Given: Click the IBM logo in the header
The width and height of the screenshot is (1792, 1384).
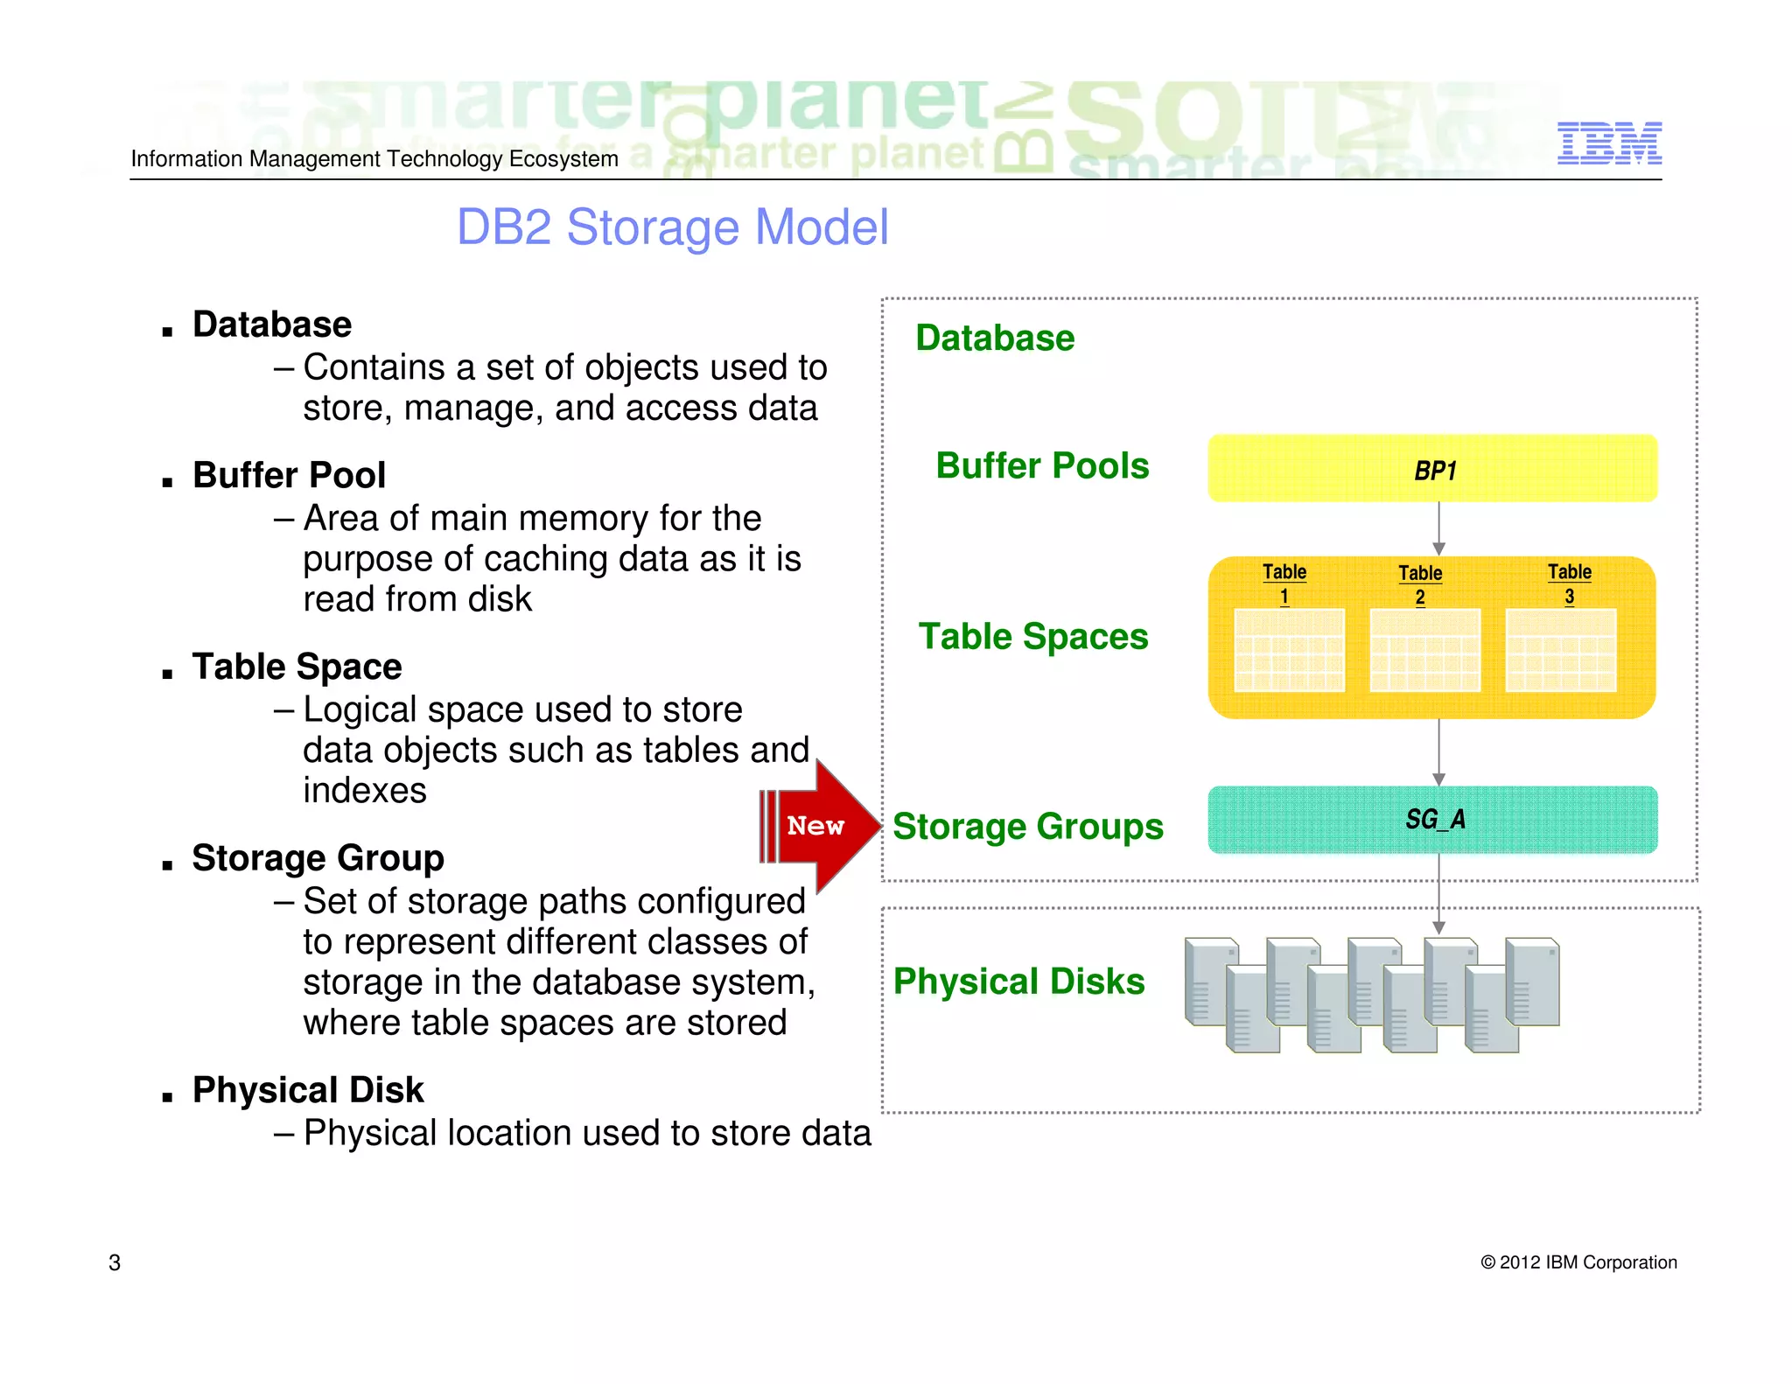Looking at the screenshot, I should click(1608, 143).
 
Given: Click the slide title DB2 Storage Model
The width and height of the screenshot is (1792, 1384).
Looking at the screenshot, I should click(672, 227).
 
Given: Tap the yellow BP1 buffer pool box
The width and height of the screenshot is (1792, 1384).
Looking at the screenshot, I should click(1432, 469).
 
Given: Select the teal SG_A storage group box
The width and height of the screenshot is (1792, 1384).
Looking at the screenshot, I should click(1432, 820).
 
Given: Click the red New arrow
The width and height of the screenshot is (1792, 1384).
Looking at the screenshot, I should click(819, 826).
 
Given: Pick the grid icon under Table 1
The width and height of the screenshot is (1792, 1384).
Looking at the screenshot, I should click(1289, 650).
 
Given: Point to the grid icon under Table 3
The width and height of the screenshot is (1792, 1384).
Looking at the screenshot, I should click(1560, 650).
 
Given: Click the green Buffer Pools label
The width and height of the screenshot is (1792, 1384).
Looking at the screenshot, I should click(1041, 465).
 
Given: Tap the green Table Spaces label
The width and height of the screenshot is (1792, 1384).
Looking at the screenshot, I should click(1032, 636).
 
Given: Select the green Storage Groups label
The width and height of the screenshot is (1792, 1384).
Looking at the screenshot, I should click(1027, 827).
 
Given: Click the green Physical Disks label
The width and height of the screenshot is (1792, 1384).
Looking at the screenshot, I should click(1018, 982).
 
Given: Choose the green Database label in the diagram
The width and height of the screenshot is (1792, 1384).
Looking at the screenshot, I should click(995, 338).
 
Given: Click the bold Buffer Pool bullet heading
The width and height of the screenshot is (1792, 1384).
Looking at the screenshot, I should click(289, 475).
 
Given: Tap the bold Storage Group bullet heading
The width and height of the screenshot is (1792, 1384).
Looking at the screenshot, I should click(318, 858).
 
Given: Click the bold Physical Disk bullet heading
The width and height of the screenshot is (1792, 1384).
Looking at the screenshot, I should click(308, 1090).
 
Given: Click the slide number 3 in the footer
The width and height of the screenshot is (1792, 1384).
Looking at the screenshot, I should click(115, 1262).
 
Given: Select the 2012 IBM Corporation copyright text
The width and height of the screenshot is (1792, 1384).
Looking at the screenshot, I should click(1578, 1262).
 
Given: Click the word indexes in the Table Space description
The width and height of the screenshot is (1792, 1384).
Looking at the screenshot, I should click(364, 791).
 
